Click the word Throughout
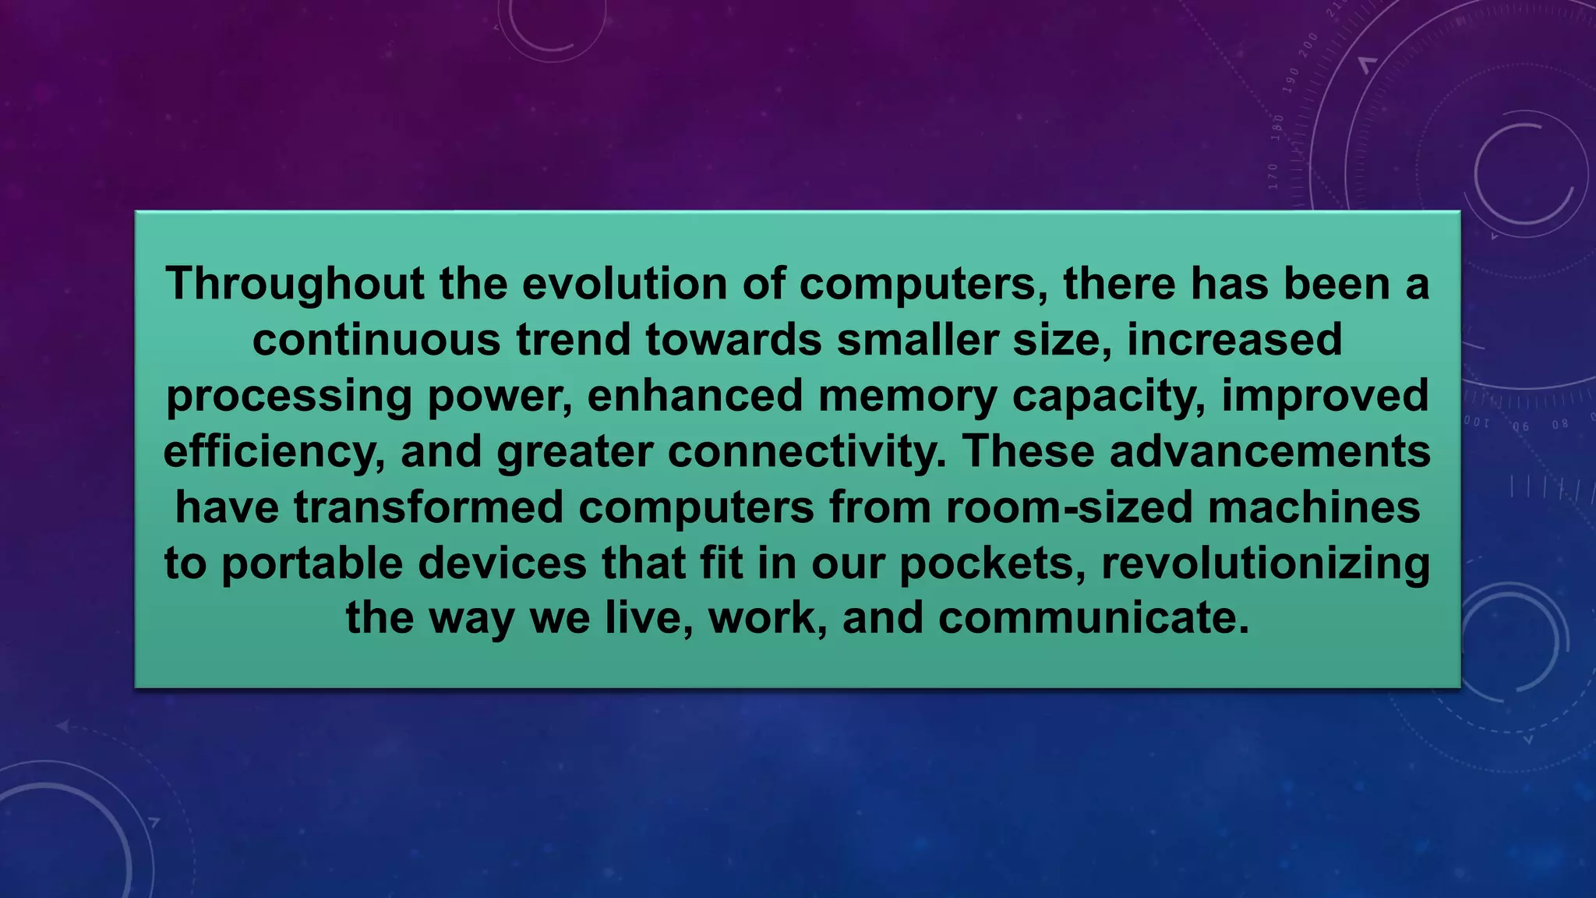(295, 285)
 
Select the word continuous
(376, 340)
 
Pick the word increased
(1234, 340)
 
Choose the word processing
(289, 396)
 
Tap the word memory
(908, 396)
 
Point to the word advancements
(1270, 452)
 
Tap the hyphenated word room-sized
(1070, 507)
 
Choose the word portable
(312, 564)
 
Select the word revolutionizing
(1266, 564)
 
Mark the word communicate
(1093, 618)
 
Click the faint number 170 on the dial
(1273, 177)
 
